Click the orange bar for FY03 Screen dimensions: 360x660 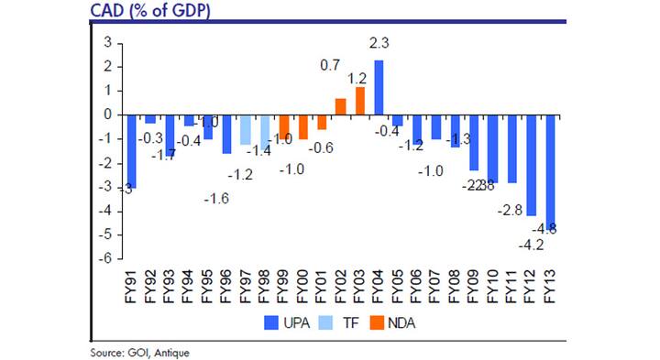pos(359,101)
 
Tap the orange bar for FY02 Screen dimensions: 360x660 pos(340,106)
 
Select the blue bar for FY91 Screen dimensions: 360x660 pos(131,151)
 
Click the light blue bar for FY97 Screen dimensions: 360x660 pos(245,129)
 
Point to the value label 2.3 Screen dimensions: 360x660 pos(379,42)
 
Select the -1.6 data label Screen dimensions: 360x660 pos(216,198)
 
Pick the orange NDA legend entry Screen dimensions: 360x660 pos(396,322)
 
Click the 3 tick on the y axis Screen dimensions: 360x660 pos(107,43)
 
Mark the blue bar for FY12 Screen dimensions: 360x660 pos(533,165)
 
